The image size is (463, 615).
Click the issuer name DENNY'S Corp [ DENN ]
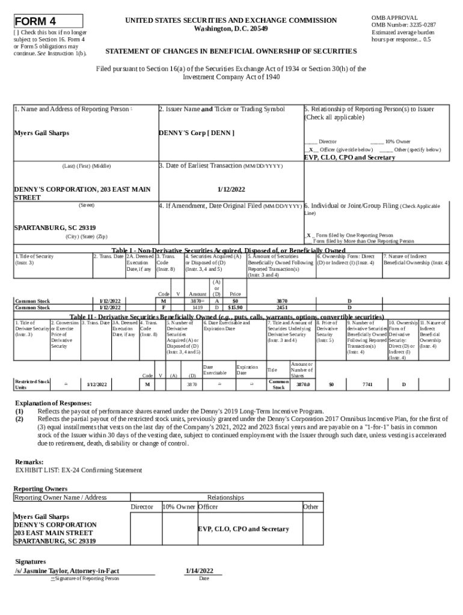click(196, 133)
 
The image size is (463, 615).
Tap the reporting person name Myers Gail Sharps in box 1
click(41, 133)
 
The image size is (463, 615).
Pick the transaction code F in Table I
click(164, 307)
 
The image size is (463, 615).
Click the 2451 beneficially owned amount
click(281, 307)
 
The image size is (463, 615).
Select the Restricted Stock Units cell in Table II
click(32, 384)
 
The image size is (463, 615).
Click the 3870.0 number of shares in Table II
click(303, 384)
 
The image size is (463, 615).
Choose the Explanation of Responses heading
click(53, 402)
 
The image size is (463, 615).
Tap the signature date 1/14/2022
click(200, 570)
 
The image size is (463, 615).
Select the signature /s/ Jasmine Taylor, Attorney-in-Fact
click(67, 570)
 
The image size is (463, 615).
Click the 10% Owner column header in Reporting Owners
click(179, 507)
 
